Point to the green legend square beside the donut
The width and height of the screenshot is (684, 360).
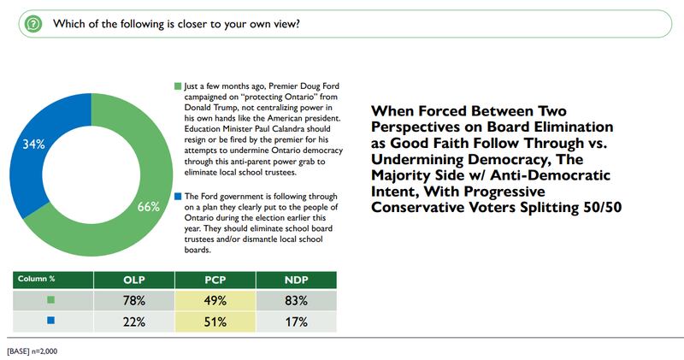[177, 86]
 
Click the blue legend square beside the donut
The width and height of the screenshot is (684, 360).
[177, 196]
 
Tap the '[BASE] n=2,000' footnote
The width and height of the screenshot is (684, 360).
[32, 351]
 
